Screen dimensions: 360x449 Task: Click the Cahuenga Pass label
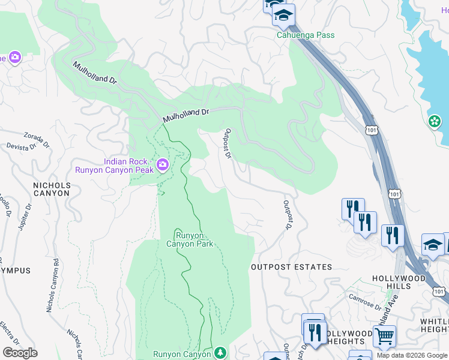tap(305, 35)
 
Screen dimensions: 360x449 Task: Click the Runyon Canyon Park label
tap(190, 239)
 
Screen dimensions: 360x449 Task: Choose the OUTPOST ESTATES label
tap(291, 267)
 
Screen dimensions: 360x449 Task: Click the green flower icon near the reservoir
tap(435, 122)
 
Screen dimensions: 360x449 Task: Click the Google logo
tap(19, 353)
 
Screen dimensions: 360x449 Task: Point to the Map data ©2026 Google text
tap(412, 355)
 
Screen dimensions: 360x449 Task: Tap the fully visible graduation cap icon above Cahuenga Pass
tap(283, 15)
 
